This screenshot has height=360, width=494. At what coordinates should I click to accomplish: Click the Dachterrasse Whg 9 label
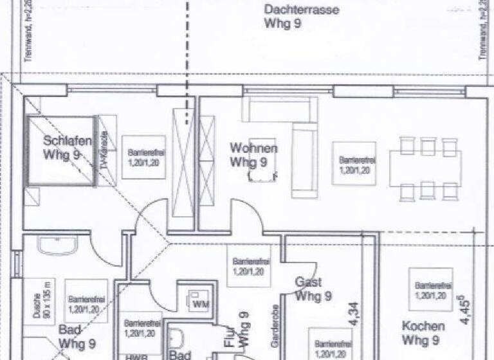tap(293, 17)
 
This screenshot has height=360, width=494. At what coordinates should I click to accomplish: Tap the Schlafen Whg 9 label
tap(67, 148)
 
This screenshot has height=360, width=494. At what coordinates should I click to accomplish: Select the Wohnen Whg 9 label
tap(253, 155)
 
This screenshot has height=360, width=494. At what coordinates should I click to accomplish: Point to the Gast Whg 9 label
tap(313, 289)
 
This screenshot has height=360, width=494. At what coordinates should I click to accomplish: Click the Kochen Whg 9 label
tap(423, 333)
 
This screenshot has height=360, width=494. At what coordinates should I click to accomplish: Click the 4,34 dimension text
tap(370, 313)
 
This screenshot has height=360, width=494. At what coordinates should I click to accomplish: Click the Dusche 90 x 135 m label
tap(39, 300)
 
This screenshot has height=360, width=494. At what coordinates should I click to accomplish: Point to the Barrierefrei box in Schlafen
tap(143, 157)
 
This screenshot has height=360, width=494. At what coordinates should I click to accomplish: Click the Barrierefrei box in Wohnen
tap(354, 164)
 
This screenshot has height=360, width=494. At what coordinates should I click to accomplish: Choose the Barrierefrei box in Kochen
tap(430, 290)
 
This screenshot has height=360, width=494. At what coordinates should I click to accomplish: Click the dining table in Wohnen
tap(425, 168)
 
